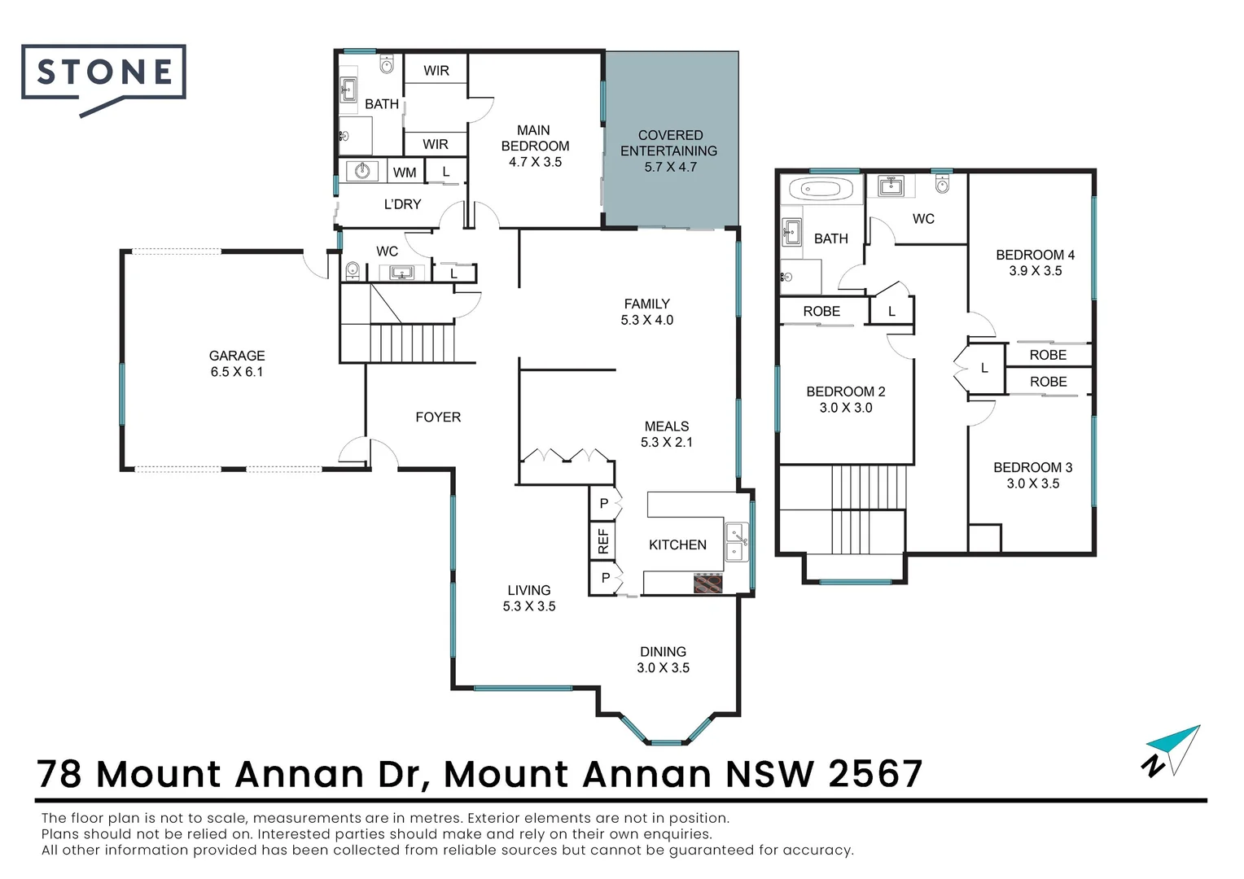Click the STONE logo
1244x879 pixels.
click(104, 73)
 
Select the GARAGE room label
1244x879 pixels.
click(237, 356)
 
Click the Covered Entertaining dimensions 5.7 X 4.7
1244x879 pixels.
click(670, 167)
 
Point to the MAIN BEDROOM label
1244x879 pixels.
click(535, 138)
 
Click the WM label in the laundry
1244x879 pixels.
click(405, 173)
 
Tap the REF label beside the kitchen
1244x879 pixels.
click(603, 542)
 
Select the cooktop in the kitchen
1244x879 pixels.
click(707, 583)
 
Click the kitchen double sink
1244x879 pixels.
click(736, 543)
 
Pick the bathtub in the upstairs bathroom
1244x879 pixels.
click(821, 190)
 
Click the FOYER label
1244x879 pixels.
click(438, 418)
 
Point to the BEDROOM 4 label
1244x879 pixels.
click(1035, 255)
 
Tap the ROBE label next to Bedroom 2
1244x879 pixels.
click(821, 312)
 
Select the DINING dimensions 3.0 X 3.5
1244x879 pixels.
click(663, 668)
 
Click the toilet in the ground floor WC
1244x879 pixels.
click(353, 269)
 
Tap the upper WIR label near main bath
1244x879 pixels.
click(436, 71)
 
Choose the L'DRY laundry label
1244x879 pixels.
click(402, 204)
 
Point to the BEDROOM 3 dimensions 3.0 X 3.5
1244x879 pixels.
click(1033, 483)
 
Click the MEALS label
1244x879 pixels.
click(667, 426)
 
